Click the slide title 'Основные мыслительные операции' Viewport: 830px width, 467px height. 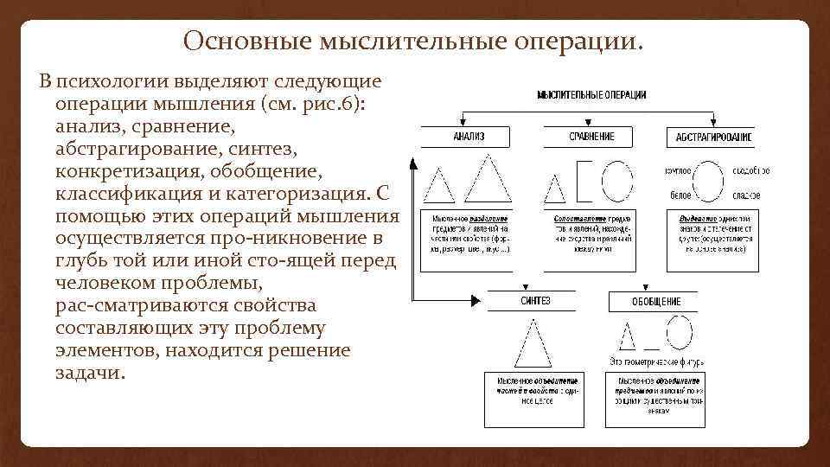tap(414, 41)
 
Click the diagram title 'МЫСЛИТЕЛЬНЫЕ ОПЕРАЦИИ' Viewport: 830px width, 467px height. tap(592, 94)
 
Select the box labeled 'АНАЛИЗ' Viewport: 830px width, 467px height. tap(469, 137)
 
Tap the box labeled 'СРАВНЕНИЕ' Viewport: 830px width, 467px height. tap(592, 137)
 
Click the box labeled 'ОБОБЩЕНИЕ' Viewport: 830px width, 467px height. tap(656, 301)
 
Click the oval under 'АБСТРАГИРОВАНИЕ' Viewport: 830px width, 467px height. tap(710, 182)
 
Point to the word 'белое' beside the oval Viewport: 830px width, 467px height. tap(679, 195)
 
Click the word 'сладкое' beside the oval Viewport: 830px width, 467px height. tap(748, 195)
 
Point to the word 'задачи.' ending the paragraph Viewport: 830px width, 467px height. tap(90, 373)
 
